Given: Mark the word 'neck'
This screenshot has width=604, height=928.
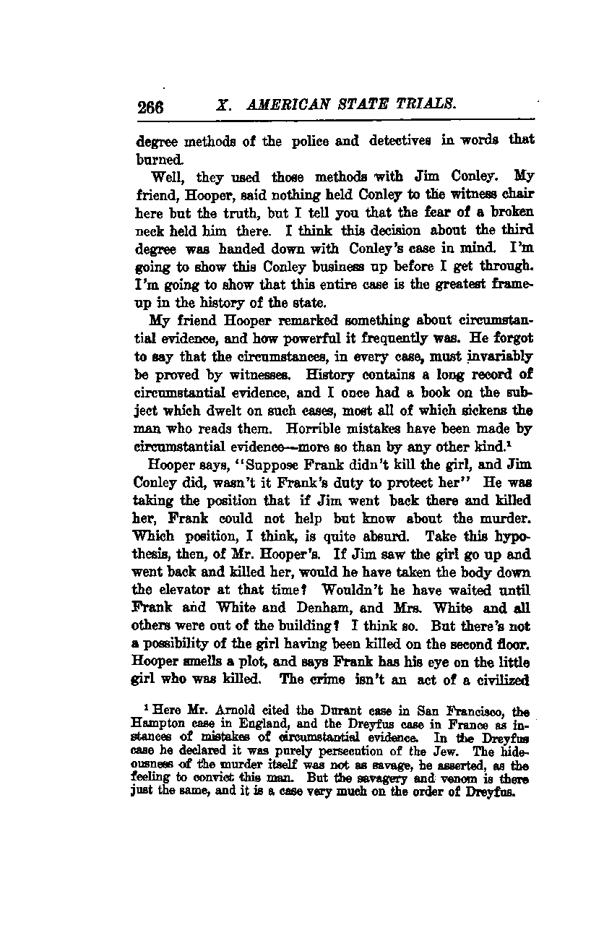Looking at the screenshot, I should click(x=150, y=231).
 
